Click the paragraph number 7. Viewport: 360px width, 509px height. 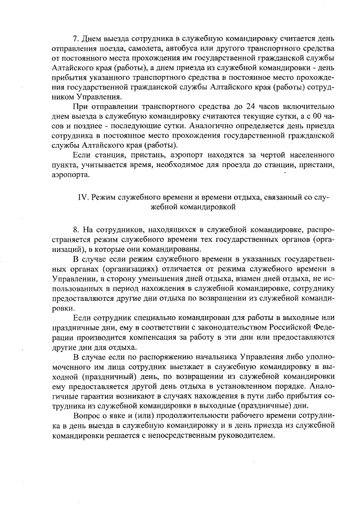76,39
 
